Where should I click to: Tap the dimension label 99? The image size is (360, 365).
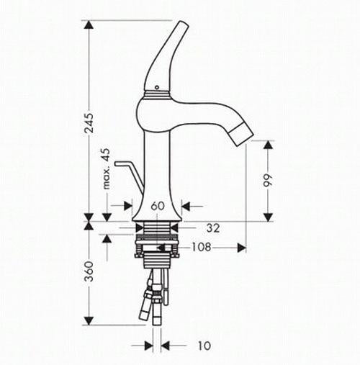[268, 181]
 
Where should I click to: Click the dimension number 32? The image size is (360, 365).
[212, 228]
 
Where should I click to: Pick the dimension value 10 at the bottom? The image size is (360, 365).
[204, 346]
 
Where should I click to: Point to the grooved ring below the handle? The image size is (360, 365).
[158, 92]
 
